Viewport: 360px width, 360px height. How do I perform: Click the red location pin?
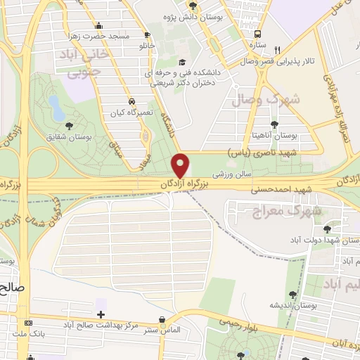tap(181, 165)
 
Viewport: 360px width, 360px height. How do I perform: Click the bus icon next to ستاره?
tap(258, 34)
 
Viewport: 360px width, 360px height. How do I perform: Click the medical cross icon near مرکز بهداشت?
tap(101, 314)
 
